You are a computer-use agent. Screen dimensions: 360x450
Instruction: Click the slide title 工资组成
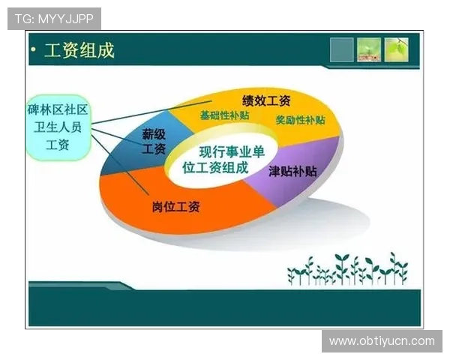point(79,51)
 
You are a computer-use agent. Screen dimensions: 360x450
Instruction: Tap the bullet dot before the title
point(34,51)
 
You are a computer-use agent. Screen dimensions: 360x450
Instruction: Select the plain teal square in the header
point(342,49)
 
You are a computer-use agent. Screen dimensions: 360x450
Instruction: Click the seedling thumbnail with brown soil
point(369,49)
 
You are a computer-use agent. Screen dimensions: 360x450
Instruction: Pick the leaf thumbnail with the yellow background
point(397,49)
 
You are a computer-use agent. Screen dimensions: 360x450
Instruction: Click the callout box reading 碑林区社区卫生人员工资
point(57,127)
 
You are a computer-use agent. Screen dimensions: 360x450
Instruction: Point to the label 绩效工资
point(266,100)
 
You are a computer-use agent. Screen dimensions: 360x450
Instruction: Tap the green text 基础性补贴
point(224,116)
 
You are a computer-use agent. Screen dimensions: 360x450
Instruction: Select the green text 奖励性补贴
point(300,120)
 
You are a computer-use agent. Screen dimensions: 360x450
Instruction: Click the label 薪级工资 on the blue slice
point(154,142)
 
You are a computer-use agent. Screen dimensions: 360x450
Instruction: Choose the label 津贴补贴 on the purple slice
point(292,171)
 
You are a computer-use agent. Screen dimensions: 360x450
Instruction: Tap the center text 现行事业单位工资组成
point(218,160)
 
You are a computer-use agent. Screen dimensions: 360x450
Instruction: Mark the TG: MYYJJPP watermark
point(53,18)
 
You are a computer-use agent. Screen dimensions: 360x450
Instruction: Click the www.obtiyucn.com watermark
point(382,341)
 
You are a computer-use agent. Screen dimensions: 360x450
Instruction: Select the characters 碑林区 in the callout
point(42,111)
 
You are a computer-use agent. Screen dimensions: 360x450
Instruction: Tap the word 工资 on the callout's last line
point(57,145)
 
